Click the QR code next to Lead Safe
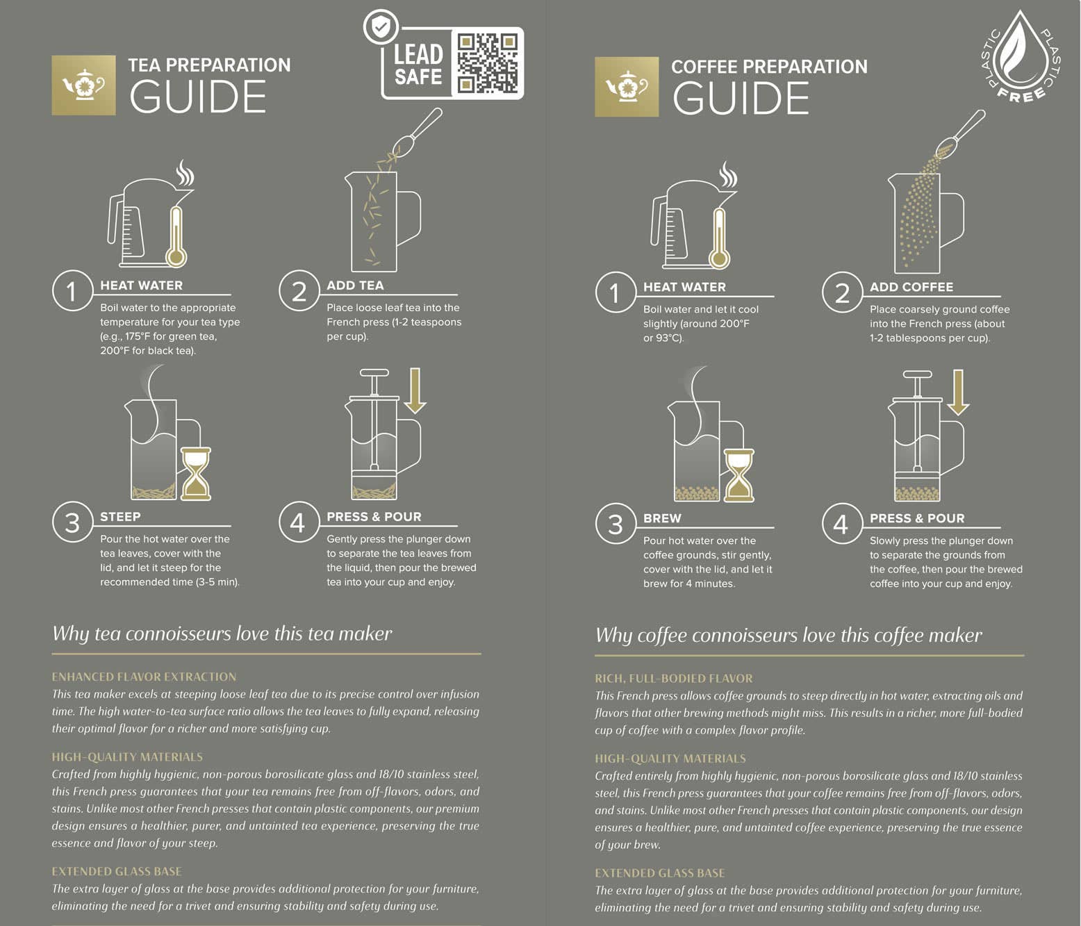pos(488,63)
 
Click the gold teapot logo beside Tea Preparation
pos(83,85)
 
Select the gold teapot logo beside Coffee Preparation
pos(626,87)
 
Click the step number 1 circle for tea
pos(72,290)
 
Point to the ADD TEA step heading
pos(355,286)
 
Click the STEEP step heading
pos(120,517)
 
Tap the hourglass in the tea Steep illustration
pos(195,474)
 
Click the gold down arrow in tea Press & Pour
pos(415,391)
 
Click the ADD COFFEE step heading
pos(911,287)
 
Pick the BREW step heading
pos(662,518)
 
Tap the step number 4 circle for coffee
pos(841,524)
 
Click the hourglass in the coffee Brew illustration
pos(738,475)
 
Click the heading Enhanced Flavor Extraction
pos(144,677)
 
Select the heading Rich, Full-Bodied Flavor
pos(673,678)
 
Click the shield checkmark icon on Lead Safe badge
pos(381,28)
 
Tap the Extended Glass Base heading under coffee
pos(659,873)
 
